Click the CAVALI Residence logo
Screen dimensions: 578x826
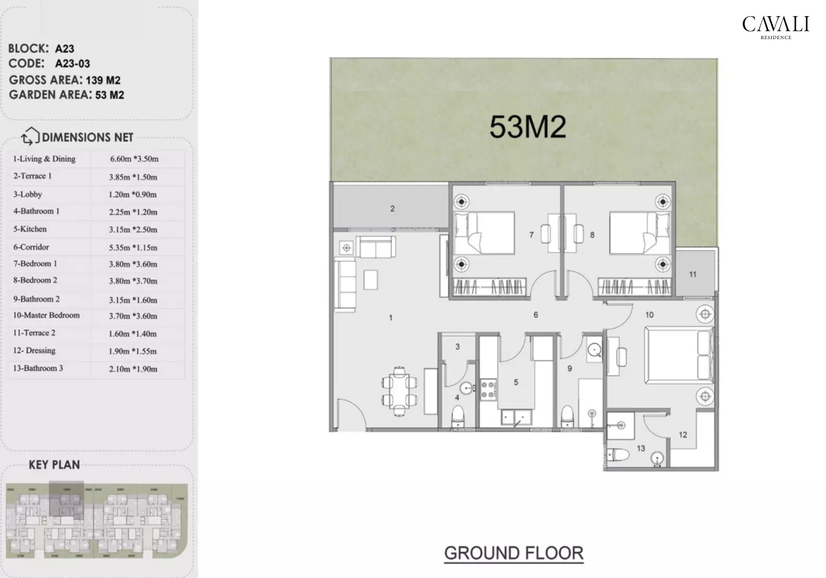pos(775,27)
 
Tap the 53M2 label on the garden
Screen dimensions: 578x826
pos(527,127)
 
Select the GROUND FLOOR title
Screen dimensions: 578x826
pos(514,553)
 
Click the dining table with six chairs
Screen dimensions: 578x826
pos(399,392)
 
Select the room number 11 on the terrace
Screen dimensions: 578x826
pos(693,274)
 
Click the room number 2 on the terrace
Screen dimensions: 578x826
pos(392,209)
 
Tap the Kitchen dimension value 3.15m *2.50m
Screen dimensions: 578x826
pos(133,230)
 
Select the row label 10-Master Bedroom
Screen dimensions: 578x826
pos(46,316)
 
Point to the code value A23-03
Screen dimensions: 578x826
pos(72,64)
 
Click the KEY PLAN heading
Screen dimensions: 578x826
pos(54,465)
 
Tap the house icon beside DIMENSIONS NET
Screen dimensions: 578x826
pos(30,137)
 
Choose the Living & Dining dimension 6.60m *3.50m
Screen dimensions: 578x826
pos(134,159)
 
